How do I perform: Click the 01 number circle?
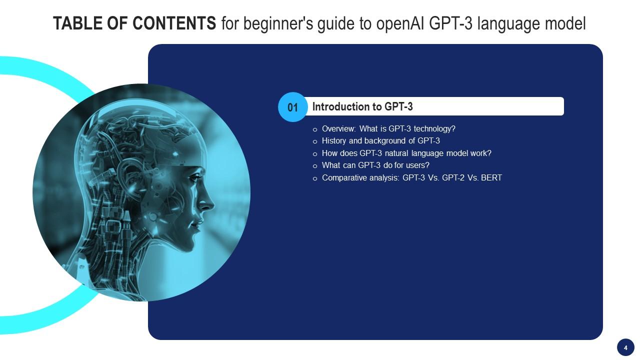coord(293,107)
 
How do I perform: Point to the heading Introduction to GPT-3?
coord(362,106)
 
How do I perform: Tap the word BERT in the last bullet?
coord(491,177)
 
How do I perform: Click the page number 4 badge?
coord(625,347)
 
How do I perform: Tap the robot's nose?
coord(208,204)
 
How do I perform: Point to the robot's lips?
coord(196,223)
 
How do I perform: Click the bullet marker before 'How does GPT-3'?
coord(315,154)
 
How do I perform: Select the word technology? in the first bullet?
coord(434,129)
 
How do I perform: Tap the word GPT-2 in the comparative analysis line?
coord(453,177)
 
